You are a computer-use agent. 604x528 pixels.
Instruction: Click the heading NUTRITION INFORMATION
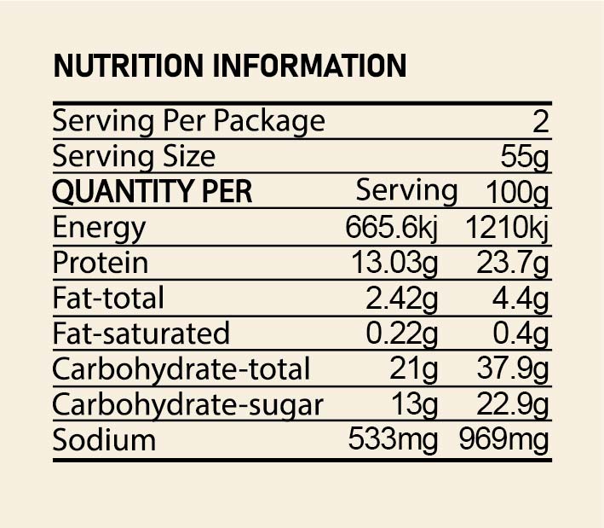[229, 66]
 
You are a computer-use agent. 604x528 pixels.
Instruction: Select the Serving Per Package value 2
[541, 121]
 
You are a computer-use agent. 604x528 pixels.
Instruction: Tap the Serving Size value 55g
[525, 157]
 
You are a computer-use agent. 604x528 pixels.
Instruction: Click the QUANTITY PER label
[152, 192]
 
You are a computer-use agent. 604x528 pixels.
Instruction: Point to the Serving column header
[406, 190]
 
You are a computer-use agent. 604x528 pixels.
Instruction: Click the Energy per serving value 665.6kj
[392, 228]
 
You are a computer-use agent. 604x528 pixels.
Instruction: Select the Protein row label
[100, 263]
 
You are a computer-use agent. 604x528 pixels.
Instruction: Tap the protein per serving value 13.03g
[395, 263]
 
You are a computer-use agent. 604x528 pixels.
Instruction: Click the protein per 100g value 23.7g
[513, 263]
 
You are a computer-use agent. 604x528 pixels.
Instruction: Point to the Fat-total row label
[108, 299]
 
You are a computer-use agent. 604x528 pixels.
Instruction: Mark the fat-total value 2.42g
[402, 299]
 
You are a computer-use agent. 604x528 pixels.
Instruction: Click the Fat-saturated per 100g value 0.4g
[522, 334]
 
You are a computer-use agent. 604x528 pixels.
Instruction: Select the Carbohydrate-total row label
[181, 369]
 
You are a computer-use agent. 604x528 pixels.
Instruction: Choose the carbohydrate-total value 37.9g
[513, 369]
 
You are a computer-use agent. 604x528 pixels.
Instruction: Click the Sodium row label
[104, 440]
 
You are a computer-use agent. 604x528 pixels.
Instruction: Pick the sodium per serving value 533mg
[393, 440]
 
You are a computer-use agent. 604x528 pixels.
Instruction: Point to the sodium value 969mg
[504, 440]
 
